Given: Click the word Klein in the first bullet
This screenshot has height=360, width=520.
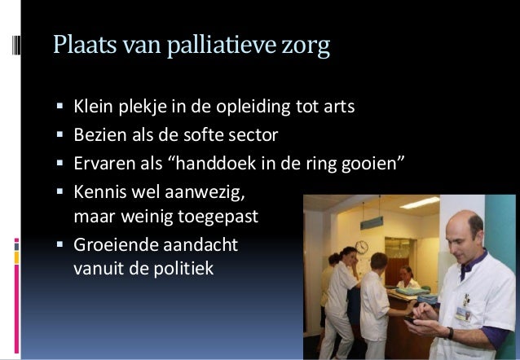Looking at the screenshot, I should click(x=93, y=107).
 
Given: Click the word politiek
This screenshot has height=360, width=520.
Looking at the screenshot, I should click(x=184, y=266).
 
